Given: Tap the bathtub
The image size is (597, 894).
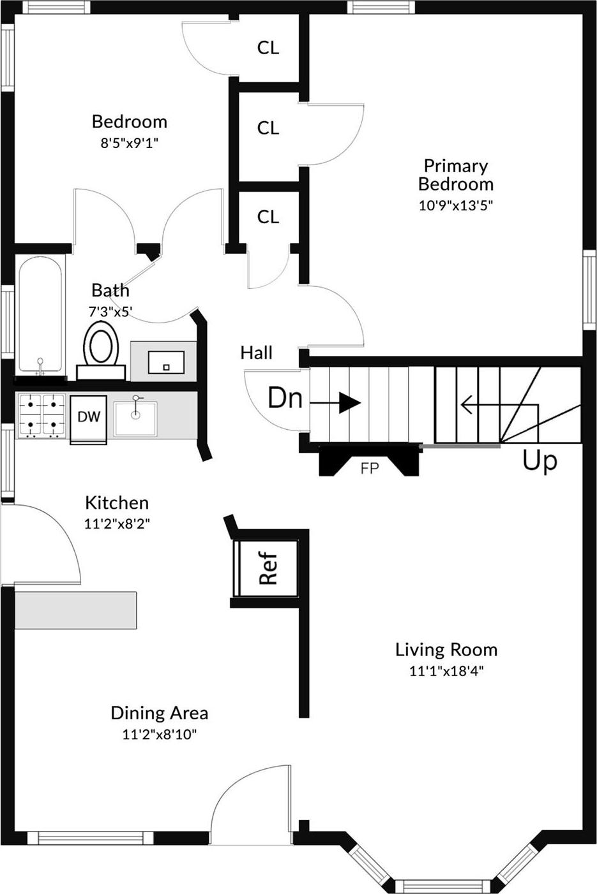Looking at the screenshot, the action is pyautogui.click(x=40, y=314).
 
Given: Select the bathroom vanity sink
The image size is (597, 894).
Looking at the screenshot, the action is pyautogui.click(x=166, y=362).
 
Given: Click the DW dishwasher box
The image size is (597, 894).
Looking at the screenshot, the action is pyautogui.click(x=89, y=419).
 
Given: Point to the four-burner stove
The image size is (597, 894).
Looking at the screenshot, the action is pyautogui.click(x=42, y=416).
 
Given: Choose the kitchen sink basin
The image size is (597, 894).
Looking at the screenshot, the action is pyautogui.click(x=135, y=418).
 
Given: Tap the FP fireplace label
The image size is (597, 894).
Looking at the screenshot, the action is pyautogui.click(x=370, y=468).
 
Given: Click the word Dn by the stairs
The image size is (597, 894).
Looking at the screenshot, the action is pyautogui.click(x=285, y=398).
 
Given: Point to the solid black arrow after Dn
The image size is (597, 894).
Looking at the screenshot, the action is pyautogui.click(x=336, y=403).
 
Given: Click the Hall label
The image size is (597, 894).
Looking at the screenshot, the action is pyautogui.click(x=257, y=353).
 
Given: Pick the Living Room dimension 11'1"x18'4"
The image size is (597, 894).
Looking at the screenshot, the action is pyautogui.click(x=446, y=671).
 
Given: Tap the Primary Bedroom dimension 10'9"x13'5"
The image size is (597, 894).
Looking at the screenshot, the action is pyautogui.click(x=455, y=205).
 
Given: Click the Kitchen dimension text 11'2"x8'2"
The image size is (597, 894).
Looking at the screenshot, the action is pyautogui.click(x=117, y=524).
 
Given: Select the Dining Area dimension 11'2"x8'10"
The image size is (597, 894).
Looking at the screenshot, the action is pyautogui.click(x=160, y=734).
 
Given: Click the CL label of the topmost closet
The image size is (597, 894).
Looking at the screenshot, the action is pyautogui.click(x=268, y=48).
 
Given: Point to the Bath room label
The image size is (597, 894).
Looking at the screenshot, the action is pyautogui.click(x=110, y=291).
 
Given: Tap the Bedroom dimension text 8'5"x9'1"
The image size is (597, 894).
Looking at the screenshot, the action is pyautogui.click(x=130, y=143).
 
